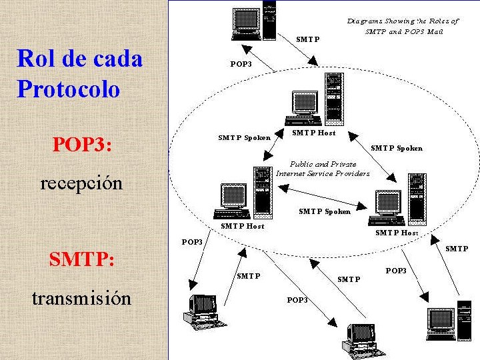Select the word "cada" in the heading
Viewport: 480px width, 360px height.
point(117,59)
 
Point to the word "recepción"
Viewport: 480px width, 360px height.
point(81,182)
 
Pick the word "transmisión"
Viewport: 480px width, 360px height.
point(81,297)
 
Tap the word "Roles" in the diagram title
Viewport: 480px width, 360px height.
point(439,21)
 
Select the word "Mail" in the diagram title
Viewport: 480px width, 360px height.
point(434,31)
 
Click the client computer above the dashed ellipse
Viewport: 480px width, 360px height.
point(253,23)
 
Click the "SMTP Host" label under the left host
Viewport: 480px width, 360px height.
point(242,226)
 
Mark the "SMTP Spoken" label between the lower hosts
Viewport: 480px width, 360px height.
point(324,211)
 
